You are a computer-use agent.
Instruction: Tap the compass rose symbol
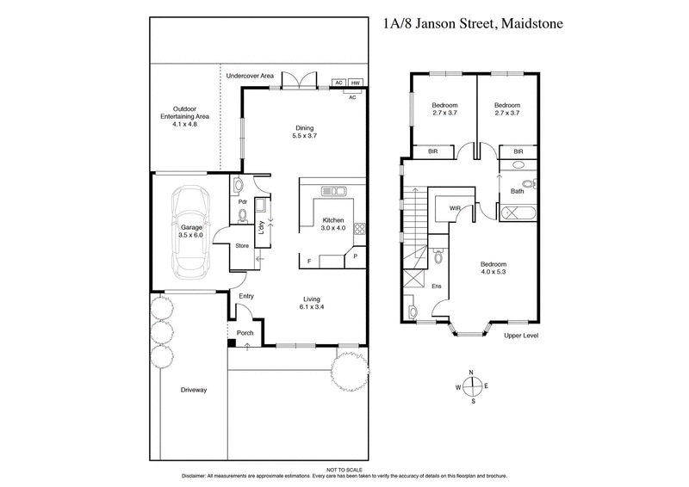[x=471, y=385]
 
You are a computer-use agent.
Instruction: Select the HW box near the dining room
[x=355, y=84]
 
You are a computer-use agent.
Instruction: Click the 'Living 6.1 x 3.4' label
[x=311, y=302]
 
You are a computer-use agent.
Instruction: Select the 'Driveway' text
[x=193, y=390]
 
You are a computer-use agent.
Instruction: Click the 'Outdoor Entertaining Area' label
[x=185, y=116]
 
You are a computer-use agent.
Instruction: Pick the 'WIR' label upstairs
[x=453, y=207]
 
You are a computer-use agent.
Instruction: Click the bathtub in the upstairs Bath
[x=518, y=208]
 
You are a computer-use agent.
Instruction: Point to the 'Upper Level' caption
[x=521, y=335]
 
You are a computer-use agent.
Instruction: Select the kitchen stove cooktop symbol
[x=360, y=229]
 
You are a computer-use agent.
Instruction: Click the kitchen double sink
[x=332, y=190]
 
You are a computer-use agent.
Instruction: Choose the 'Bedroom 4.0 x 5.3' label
[x=493, y=268]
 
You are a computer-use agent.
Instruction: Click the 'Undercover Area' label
[x=250, y=77]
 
